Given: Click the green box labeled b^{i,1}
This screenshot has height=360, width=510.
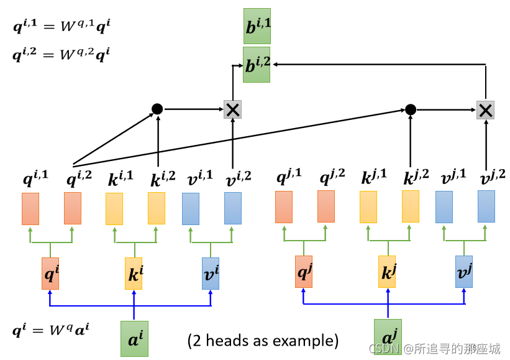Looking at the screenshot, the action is pos(257,26).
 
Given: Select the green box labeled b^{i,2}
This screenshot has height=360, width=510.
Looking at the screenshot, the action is pos(257,65).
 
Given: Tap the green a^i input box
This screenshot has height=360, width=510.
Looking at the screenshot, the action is pos(134,338).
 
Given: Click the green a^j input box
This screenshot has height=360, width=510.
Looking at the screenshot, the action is pos(388,336).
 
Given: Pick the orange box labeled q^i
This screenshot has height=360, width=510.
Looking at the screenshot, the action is pos(50,274).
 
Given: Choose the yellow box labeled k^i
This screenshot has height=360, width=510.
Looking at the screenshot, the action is pos(134,274).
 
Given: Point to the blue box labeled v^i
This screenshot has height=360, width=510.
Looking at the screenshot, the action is pos(211,274).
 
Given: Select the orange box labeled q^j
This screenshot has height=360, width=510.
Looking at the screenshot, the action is pos(304,272).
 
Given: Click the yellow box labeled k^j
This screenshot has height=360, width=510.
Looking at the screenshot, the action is pos(387,272).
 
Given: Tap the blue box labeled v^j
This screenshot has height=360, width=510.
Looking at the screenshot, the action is pos(464,272).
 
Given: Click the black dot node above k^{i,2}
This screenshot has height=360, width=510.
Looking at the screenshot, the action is pos(157,109).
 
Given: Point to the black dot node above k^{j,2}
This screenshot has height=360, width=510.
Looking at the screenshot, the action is pos(411,109).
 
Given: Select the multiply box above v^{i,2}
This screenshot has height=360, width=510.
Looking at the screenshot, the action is pos(232,109).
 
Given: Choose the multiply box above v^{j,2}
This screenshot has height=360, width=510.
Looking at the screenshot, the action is pos(486,110).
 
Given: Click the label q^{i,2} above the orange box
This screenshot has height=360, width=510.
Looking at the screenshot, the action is pos(79,178).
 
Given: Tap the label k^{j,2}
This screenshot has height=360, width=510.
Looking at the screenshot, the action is pos(416,177).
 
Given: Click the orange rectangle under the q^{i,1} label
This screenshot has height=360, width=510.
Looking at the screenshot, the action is pos(30,209).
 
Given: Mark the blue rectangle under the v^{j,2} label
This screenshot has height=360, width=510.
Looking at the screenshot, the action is pos(486,206).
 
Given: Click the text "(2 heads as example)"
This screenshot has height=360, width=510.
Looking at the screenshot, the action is pos(263,341).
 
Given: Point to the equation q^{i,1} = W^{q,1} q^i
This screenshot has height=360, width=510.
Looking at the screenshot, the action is pos(61,25).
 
